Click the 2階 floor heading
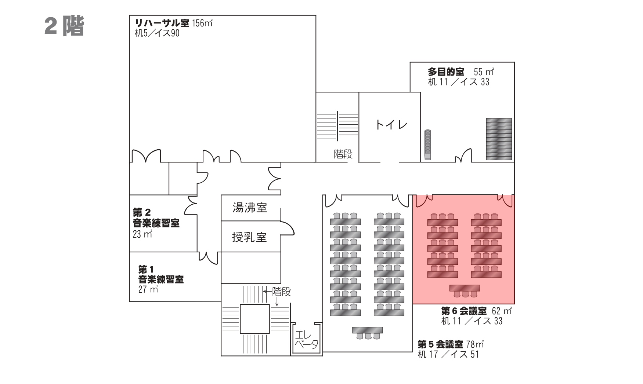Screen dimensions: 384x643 click(x=64, y=26)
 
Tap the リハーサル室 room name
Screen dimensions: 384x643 click(x=162, y=23)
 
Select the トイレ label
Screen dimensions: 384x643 click(x=391, y=125)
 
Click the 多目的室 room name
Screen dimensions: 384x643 click(x=446, y=72)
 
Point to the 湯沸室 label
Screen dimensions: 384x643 click(x=250, y=208)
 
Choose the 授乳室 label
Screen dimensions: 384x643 click(x=249, y=238)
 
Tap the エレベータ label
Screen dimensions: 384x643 click(x=306, y=340)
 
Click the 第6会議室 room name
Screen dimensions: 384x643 click(x=463, y=311)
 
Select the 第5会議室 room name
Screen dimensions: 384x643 click(x=440, y=344)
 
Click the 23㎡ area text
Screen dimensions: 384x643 click(x=142, y=234)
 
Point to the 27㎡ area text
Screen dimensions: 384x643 click(x=148, y=289)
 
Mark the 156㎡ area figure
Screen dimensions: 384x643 click(x=202, y=23)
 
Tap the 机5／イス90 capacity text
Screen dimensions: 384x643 click(x=157, y=33)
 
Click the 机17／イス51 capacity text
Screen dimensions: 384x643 click(x=448, y=354)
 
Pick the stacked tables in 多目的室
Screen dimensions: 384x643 click(x=499, y=139)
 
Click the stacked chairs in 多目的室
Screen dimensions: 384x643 click(x=427, y=145)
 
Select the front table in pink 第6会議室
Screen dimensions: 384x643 click(x=465, y=288)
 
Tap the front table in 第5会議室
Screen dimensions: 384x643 click(x=367, y=330)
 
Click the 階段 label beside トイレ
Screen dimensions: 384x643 click(x=343, y=154)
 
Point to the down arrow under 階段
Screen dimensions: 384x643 click(x=277, y=301)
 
